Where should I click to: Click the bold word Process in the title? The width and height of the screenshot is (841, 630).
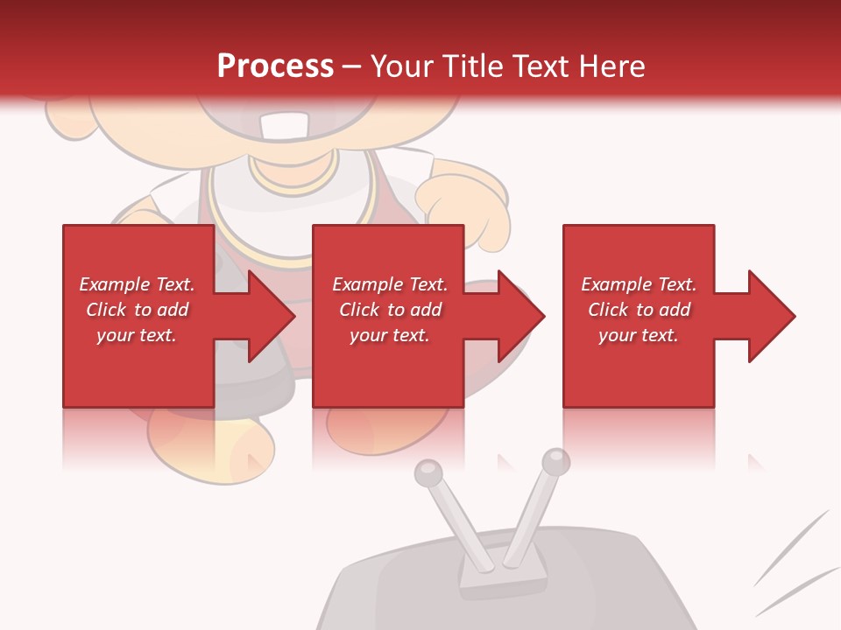click(x=275, y=66)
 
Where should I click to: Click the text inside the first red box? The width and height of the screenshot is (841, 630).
click(x=137, y=310)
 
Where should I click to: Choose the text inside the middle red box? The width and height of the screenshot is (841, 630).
click(x=389, y=310)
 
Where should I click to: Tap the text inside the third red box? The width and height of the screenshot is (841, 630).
click(x=639, y=310)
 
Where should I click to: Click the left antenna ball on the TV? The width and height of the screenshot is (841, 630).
click(x=428, y=473)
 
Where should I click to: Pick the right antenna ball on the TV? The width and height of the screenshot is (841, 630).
click(x=555, y=461)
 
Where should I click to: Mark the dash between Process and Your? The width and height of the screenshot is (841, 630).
click(x=351, y=66)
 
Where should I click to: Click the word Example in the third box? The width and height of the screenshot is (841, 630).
click(x=617, y=284)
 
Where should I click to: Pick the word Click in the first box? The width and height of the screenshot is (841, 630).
click(x=107, y=310)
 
